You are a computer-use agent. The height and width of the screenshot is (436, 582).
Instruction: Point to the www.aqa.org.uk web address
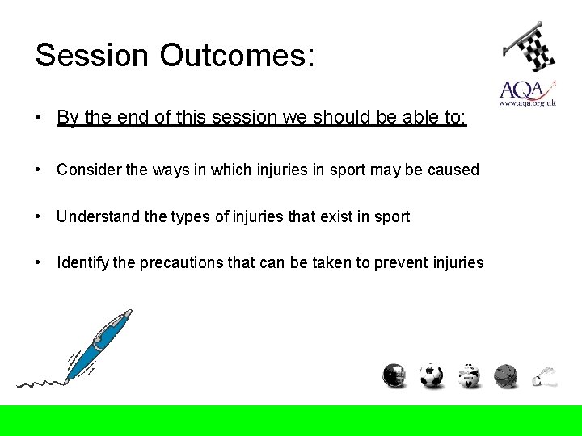tap(527, 103)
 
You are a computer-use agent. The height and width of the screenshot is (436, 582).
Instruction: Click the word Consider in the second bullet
tap(87, 170)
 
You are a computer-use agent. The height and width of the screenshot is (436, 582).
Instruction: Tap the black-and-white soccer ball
tap(432, 375)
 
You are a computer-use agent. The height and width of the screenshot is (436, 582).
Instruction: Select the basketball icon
tap(505, 375)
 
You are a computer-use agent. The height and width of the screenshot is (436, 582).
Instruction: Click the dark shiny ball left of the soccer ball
tap(394, 375)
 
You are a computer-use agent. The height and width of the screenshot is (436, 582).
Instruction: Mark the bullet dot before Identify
tap(38, 262)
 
